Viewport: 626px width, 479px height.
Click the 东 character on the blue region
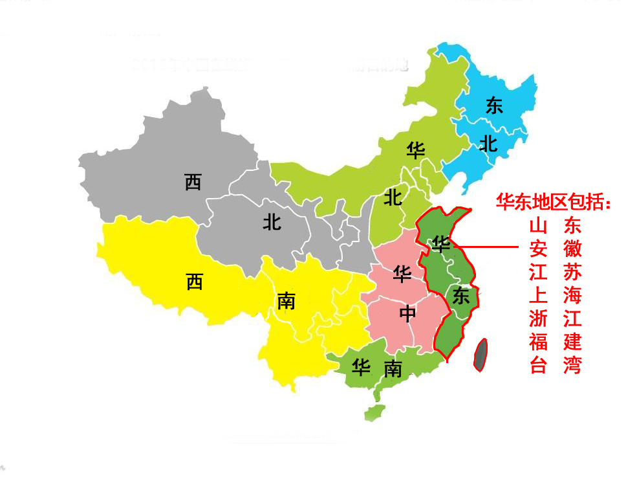pos(494,106)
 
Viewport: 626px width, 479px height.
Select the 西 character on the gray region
pos(193,182)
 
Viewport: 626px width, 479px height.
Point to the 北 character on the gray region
pos(272,222)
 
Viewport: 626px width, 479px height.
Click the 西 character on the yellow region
pos(194,282)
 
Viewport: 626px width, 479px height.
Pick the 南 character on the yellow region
pos(286,300)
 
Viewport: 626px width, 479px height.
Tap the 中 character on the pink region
pos(407,313)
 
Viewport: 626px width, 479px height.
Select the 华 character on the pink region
pos(402,274)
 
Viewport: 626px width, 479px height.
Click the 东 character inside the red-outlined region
pos(460,296)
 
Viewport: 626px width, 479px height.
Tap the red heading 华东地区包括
pos(553,202)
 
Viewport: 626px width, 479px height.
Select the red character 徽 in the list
pos(572,249)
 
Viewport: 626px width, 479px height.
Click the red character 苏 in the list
pos(572,272)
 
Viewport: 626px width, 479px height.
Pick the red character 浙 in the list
pos(538,318)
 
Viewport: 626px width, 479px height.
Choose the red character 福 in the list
pos(538,341)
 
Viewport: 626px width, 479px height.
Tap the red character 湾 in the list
pos(572,365)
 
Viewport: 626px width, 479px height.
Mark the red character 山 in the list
pos(538,225)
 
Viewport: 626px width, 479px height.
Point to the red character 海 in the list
pos(572,295)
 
